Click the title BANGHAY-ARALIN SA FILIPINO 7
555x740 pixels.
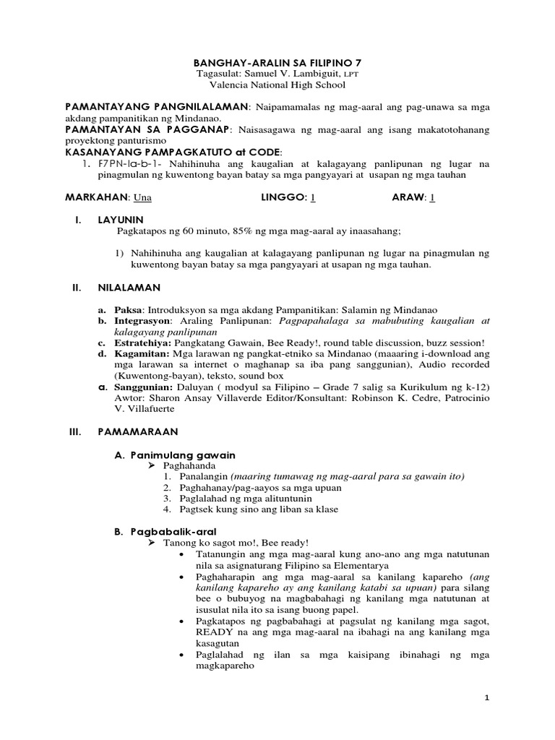coord(277,62)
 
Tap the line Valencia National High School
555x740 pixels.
coord(277,85)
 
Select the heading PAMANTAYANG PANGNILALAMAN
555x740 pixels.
coord(157,107)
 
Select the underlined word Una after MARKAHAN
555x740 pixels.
coord(143,197)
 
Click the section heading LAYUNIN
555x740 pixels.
coord(121,219)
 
